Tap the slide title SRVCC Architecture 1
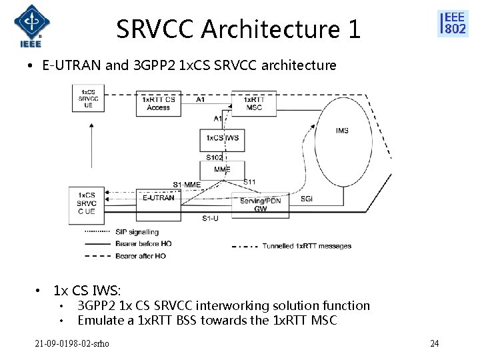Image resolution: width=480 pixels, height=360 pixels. point(238,29)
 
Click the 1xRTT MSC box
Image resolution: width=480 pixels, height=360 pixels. point(254,103)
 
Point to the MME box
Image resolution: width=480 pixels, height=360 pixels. point(222,169)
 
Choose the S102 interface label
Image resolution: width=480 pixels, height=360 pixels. point(214,157)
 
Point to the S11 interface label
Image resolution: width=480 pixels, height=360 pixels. point(249,182)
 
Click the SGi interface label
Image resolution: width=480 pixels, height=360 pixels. point(307,198)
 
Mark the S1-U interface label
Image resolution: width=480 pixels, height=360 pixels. point(210,218)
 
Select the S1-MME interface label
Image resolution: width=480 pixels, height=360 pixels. point(187,184)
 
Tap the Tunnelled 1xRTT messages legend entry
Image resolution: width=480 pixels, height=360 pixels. point(307,246)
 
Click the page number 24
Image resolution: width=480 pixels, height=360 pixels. point(435,344)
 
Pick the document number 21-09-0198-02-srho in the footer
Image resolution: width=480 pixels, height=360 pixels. point(73,344)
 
